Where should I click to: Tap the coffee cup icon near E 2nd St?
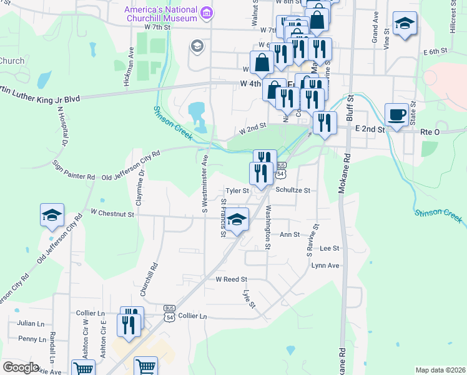396,115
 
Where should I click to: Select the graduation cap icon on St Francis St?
237,220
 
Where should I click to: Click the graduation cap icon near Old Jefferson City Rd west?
52,216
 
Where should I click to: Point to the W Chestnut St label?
112,214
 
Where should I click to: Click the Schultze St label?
293,190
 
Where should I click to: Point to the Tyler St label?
237,190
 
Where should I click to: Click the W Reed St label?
232,279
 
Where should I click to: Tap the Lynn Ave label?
325,266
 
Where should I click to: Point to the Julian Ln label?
31,324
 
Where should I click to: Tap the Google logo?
21,367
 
